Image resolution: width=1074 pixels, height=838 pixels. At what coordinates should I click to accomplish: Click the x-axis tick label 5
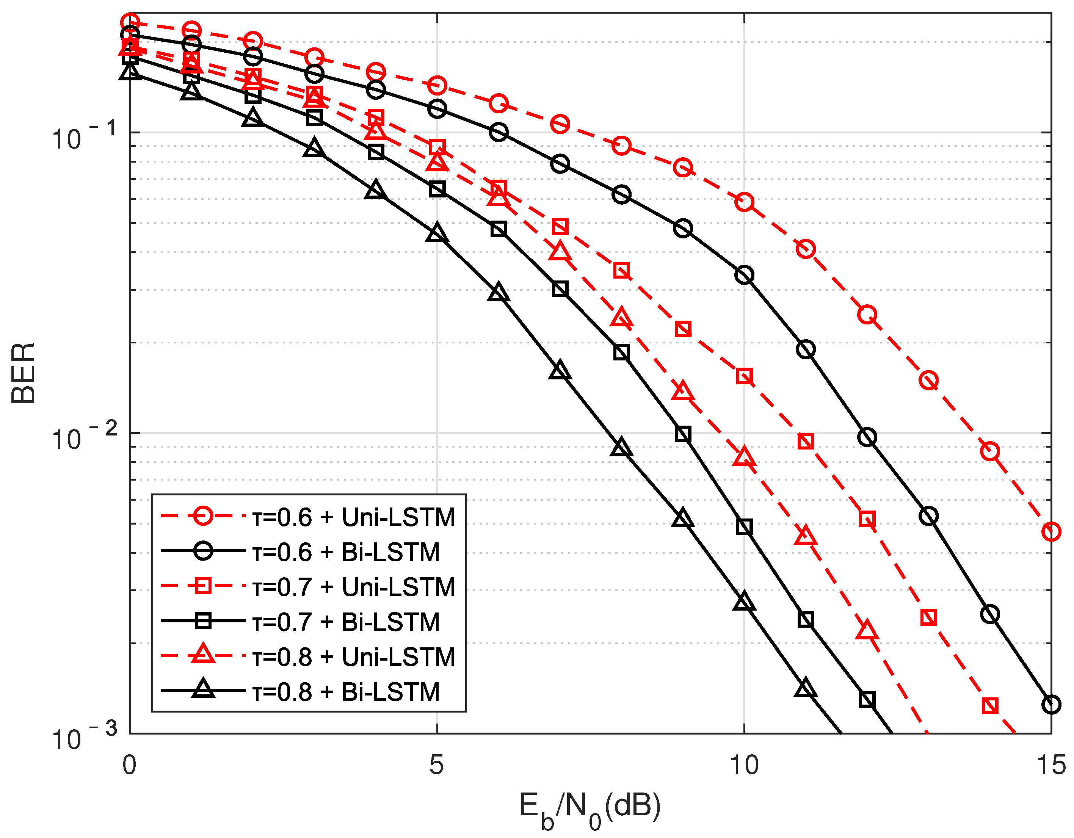[437, 765]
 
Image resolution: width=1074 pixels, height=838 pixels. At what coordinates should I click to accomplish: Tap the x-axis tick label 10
[744, 765]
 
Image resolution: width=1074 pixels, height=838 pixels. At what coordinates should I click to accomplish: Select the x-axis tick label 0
[129, 765]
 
